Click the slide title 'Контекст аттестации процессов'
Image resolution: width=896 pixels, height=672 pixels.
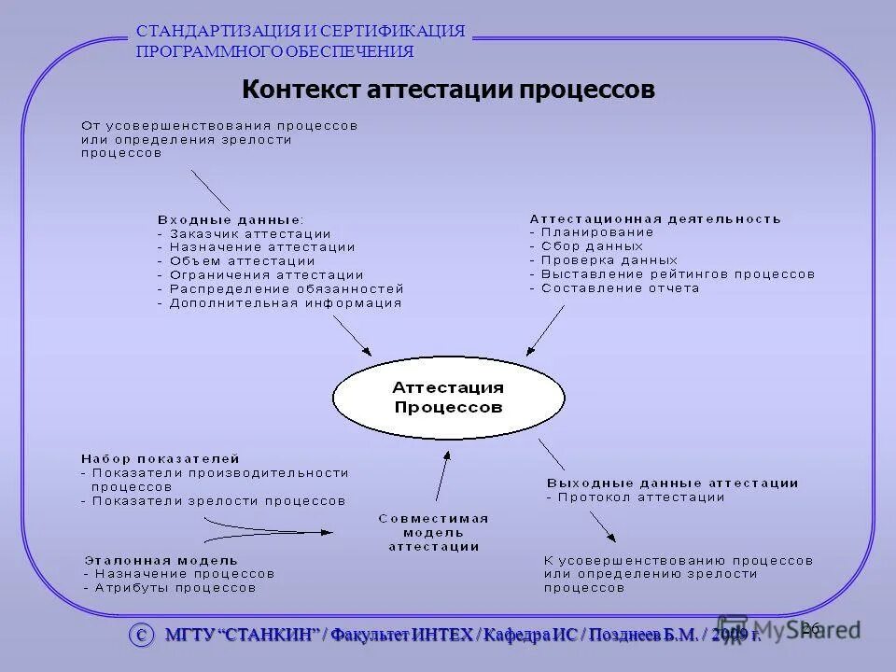tap(448, 91)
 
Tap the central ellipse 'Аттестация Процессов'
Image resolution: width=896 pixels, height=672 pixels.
tap(448, 397)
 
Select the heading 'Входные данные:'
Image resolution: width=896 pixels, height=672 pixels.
tap(231, 219)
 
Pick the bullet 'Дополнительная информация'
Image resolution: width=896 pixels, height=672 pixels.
tap(285, 302)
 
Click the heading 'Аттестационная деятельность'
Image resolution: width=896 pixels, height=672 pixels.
tap(655, 218)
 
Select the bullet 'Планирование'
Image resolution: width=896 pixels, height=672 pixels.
tap(597, 231)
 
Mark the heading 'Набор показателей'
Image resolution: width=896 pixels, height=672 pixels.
tap(161, 459)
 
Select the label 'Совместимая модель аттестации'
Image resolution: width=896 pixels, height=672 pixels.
tap(434, 532)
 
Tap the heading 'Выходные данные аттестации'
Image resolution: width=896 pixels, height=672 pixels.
tap(672, 483)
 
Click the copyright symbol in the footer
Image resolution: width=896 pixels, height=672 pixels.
tap(142, 635)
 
